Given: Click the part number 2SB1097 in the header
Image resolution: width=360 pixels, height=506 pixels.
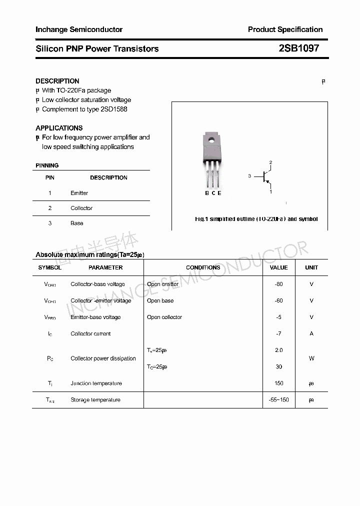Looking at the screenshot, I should tap(298, 48).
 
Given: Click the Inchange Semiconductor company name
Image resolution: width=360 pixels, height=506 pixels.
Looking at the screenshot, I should tap(79, 29).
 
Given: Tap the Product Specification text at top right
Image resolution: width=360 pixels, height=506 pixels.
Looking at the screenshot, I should tap(285, 29).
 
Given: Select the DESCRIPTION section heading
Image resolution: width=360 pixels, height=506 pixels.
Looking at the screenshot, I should tap(57, 81).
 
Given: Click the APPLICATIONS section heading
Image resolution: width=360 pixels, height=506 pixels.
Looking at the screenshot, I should tap(59, 128).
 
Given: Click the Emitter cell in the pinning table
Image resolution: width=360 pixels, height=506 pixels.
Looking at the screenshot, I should tap(79, 193).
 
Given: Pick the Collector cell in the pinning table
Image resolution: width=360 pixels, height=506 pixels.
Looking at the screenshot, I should tap(81, 208).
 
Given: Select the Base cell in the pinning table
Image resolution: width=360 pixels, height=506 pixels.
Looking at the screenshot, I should tap(77, 223).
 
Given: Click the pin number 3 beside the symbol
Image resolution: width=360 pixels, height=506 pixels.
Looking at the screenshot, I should tap(249, 176).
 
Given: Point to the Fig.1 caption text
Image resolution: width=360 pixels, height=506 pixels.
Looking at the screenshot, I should tap(256, 219).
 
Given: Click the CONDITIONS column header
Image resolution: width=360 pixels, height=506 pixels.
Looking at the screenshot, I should tap(203, 267).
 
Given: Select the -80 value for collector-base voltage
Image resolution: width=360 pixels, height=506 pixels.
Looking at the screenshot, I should tap(278, 284).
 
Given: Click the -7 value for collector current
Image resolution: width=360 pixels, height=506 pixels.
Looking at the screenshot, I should tap(278, 333).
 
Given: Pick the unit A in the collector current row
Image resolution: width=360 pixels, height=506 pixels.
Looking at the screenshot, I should tap(311, 333).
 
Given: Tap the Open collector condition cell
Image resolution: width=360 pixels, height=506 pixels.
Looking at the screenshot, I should tap(164, 317).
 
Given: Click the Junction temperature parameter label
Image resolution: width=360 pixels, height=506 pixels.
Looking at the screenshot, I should tap(96, 383).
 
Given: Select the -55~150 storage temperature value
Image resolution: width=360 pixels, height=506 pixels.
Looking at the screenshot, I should tap(278, 400).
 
